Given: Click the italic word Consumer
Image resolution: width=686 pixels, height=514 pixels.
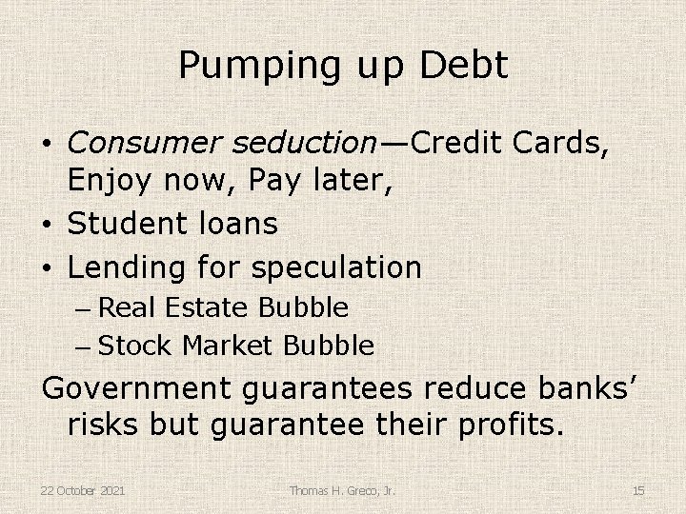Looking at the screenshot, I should point(144,143).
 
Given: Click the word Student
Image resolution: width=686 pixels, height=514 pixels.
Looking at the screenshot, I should point(128,225).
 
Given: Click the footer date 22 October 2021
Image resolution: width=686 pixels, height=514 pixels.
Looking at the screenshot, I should point(84,490).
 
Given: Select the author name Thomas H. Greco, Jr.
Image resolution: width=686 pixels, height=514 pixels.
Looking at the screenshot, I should point(343,490).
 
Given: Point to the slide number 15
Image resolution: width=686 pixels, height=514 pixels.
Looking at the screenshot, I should point(638,490).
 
